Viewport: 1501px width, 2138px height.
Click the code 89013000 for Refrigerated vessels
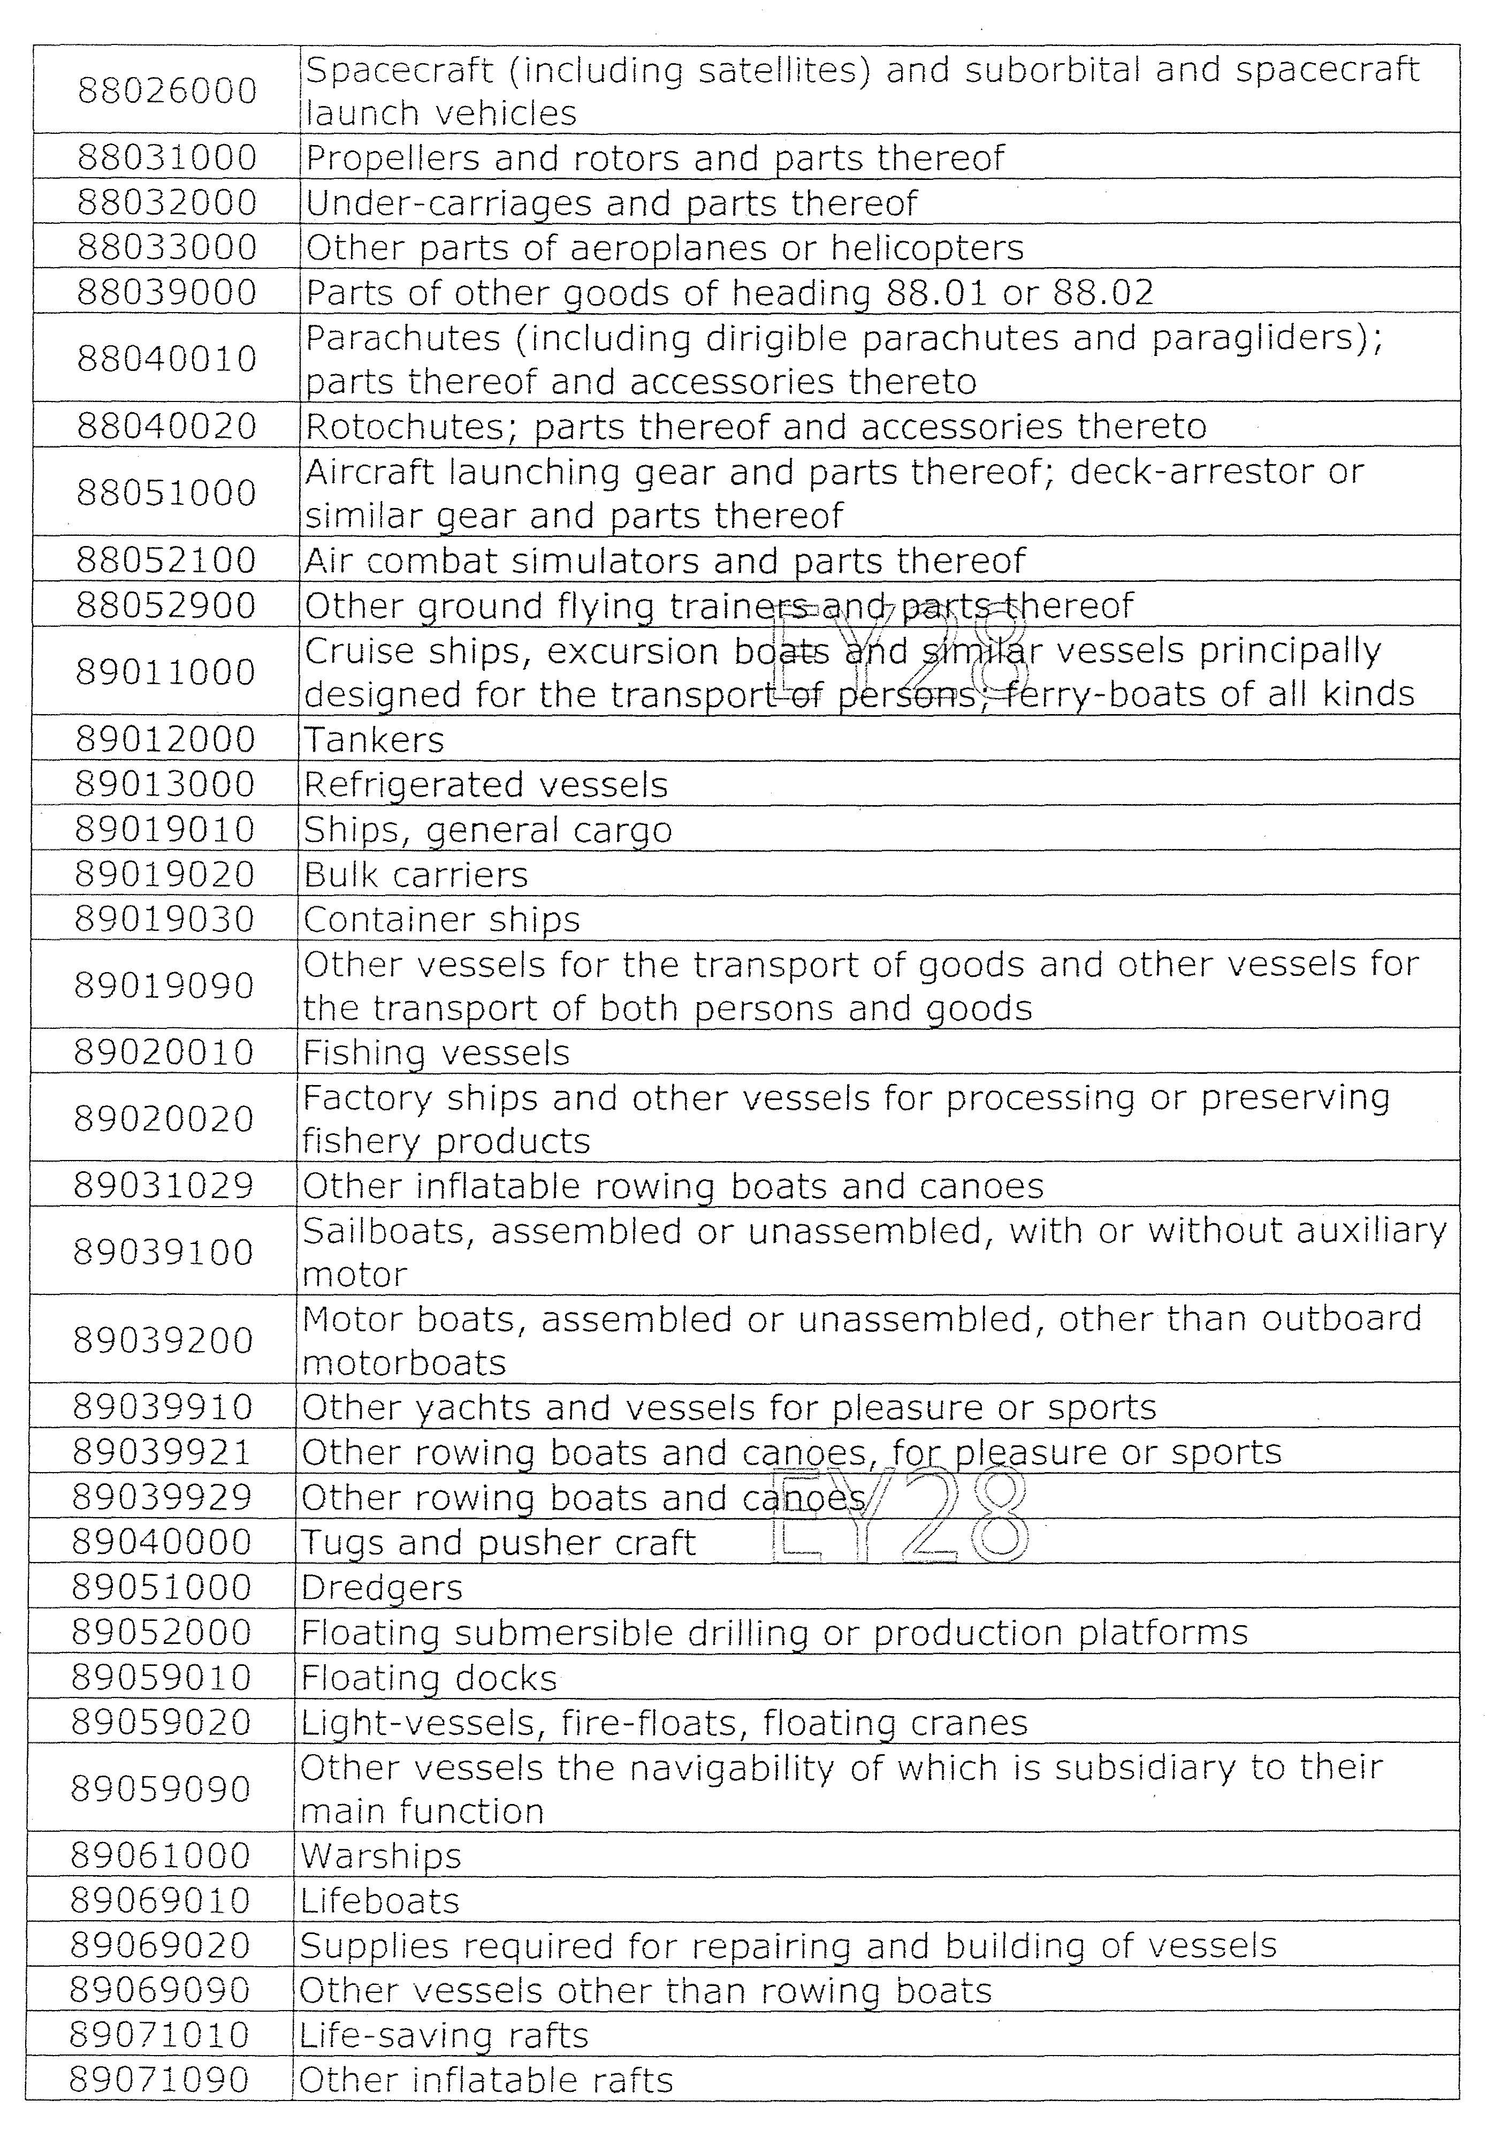165,784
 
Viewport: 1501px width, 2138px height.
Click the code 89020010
164,1052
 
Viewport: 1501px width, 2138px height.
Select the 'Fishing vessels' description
436,1053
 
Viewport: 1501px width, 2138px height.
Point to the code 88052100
166,560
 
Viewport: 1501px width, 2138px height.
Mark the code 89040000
162,1542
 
